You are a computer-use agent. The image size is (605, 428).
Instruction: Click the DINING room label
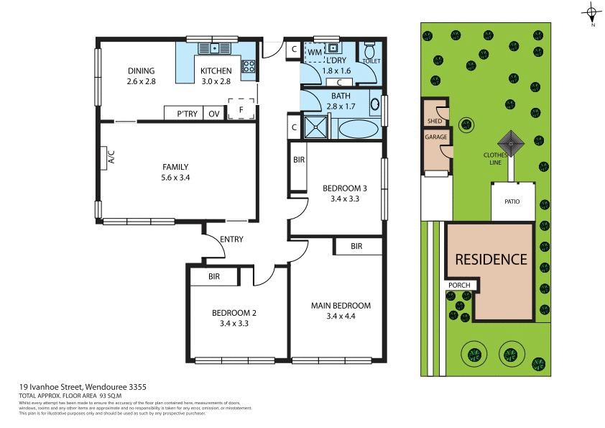pyautogui.click(x=142, y=70)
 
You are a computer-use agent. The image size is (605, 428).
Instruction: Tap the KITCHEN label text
pyautogui.click(x=216, y=70)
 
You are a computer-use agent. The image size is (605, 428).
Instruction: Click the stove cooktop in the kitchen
pyautogui.click(x=249, y=66)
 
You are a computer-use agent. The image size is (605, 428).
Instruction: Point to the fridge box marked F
pyautogui.click(x=241, y=109)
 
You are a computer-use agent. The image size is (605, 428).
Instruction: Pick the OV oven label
pyautogui.click(x=214, y=114)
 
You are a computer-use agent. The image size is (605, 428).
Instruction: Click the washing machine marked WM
pyautogui.click(x=315, y=52)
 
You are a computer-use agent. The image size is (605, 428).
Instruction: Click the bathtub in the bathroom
pyautogui.click(x=357, y=129)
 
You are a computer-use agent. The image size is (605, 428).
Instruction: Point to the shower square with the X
pyautogui.click(x=315, y=127)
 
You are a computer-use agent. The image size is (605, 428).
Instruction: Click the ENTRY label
pyautogui.click(x=231, y=240)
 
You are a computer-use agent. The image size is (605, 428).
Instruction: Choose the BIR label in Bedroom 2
pyautogui.click(x=214, y=276)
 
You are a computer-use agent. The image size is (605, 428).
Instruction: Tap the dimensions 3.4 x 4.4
pyautogui.click(x=341, y=315)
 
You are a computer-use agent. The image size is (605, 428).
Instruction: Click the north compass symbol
pyautogui.click(x=592, y=12)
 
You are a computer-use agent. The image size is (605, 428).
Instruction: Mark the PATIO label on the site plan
pyautogui.click(x=512, y=201)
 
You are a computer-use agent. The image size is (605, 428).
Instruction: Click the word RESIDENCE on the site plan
pyautogui.click(x=491, y=259)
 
